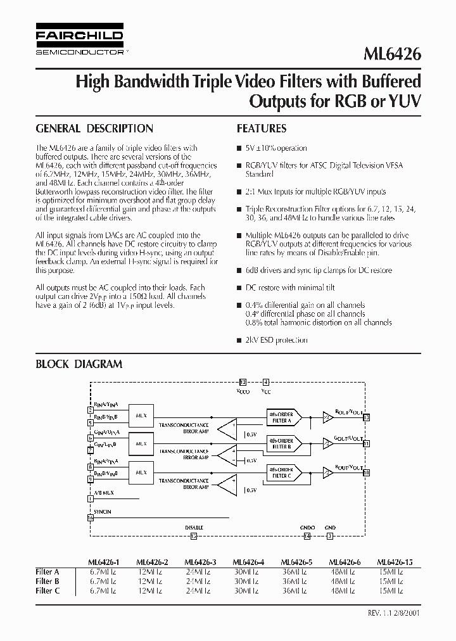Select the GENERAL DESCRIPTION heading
tap(94, 129)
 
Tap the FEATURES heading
tap(262, 129)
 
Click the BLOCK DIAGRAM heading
tap(79, 364)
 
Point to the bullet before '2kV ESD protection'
tap(239, 340)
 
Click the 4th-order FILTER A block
tap(281, 418)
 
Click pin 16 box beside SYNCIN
tap(90, 517)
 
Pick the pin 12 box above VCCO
tap(243, 383)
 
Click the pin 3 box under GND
tap(329, 536)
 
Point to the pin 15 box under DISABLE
tap(194, 536)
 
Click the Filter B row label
tap(47, 580)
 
